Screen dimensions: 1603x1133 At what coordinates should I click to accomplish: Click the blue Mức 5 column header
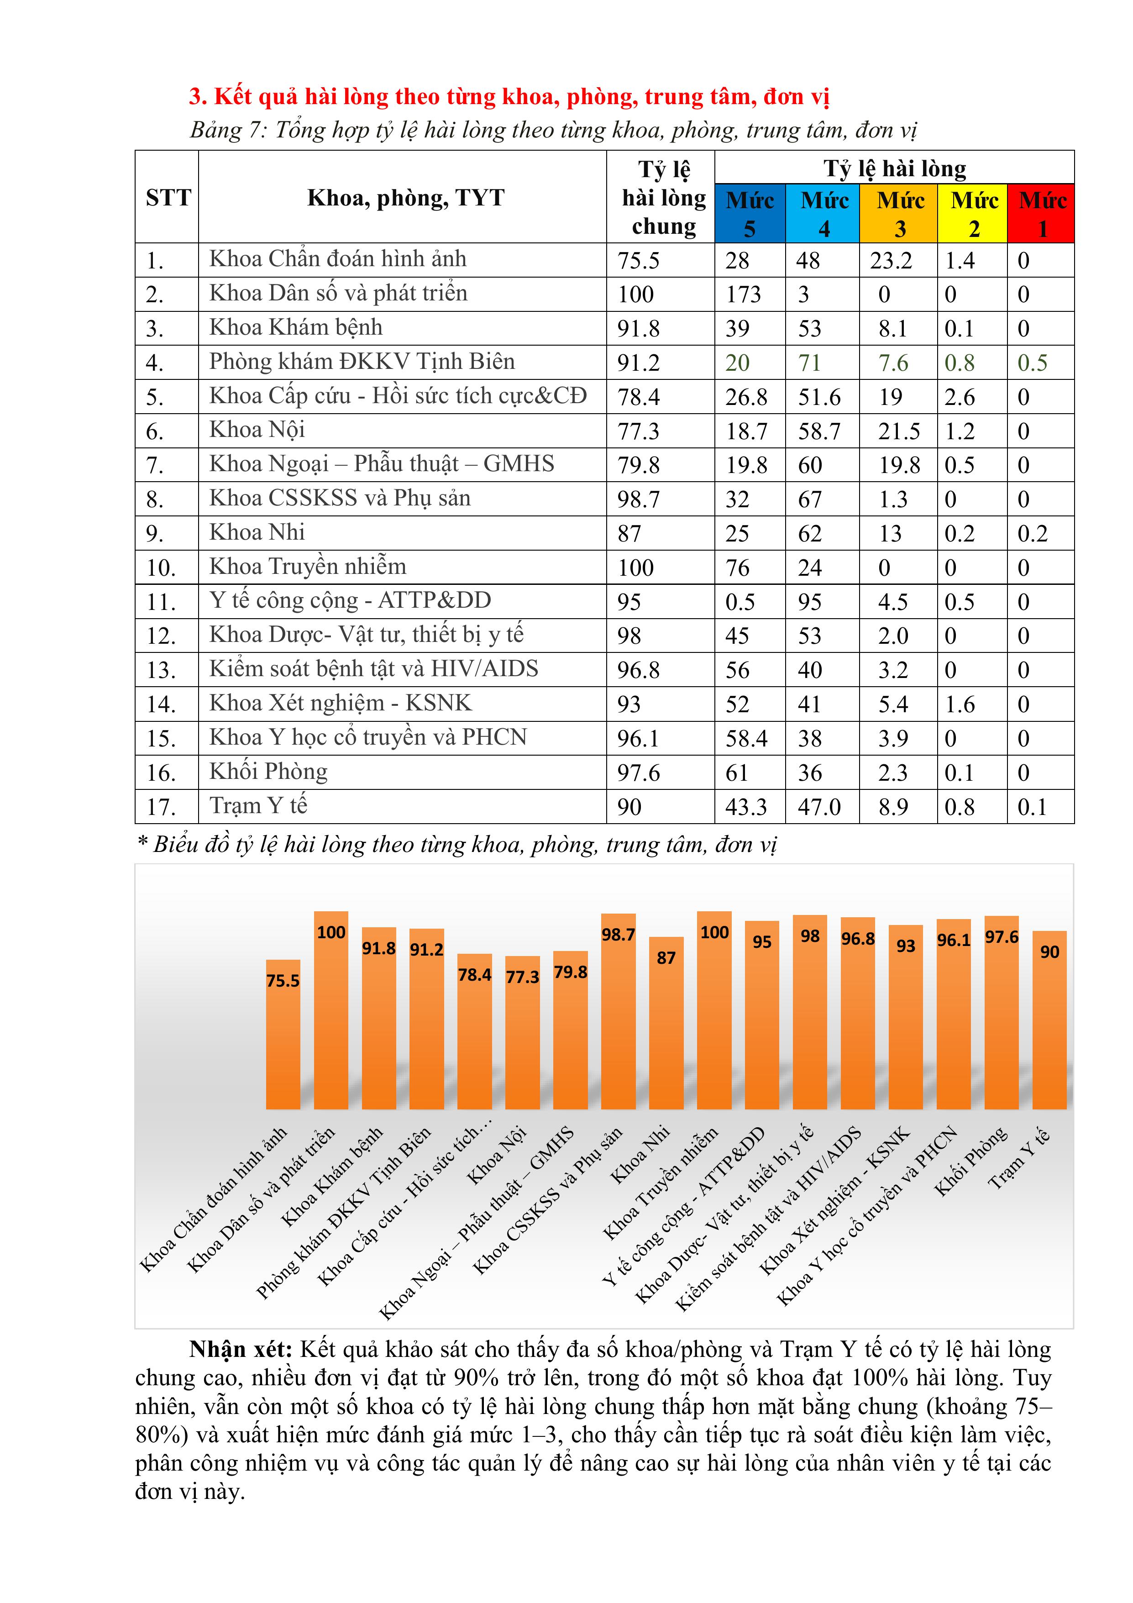tap(750, 214)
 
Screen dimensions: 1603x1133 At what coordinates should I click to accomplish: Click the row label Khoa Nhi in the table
tap(257, 533)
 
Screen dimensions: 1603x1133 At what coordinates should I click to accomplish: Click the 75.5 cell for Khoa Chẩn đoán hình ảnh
tap(638, 260)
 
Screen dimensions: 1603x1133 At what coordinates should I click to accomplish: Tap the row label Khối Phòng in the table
tap(268, 772)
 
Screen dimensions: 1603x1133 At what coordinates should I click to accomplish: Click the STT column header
tap(168, 198)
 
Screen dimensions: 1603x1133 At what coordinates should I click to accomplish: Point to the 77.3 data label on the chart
tap(522, 977)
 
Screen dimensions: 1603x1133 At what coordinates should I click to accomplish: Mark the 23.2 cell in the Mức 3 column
tap(891, 260)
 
